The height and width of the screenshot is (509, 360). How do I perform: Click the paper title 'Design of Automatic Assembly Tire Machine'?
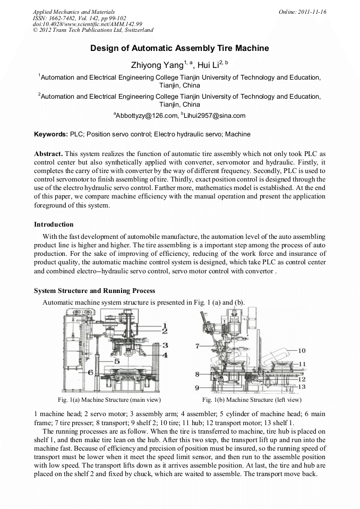click(179, 48)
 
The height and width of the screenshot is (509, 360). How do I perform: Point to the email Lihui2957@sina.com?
click(215, 115)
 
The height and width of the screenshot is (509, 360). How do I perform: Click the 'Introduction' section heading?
click(54, 224)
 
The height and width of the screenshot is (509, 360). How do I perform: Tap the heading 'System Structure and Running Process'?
click(95, 290)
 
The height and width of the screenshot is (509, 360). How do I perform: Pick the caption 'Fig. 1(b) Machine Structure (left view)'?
click(252, 399)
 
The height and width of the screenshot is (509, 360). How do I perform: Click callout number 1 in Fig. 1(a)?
click(165, 325)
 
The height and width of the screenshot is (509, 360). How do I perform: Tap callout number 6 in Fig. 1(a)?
click(90, 372)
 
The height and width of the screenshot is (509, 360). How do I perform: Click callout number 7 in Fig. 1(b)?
click(197, 346)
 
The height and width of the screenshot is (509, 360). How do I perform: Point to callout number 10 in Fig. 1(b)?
click(302, 350)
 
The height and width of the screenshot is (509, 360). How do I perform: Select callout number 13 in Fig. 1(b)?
click(302, 386)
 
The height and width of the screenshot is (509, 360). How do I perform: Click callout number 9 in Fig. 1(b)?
click(197, 387)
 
